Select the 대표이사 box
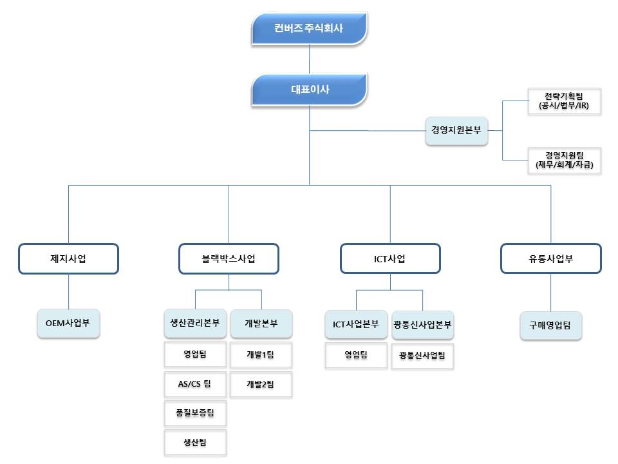pos(309,90)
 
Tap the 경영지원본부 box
pos(456,130)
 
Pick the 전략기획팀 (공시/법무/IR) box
pos(563,102)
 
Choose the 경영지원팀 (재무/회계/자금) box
pos(563,160)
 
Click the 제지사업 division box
pos(68,259)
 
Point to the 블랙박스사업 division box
pos(229,259)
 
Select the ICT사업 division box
pos(390,259)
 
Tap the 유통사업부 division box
pos(550,259)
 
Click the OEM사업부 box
pos(68,324)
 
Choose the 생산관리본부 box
pos(195,324)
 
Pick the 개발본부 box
pos(261,324)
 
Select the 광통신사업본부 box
pos(422,324)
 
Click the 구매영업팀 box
pos(550,325)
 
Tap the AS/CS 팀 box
pos(195,384)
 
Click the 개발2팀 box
pos(261,384)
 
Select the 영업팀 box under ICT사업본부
pos(355,354)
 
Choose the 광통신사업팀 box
pos(422,355)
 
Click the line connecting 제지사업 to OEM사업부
pos(68,292)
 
